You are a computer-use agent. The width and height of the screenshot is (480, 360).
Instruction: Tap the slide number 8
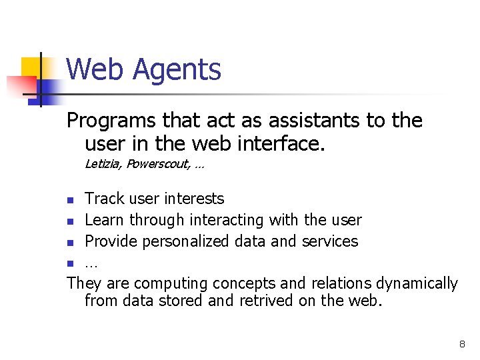point(462,344)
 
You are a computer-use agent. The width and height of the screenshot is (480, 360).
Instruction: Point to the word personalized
point(200,241)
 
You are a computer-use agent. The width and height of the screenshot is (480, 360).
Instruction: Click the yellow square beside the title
point(31,67)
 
